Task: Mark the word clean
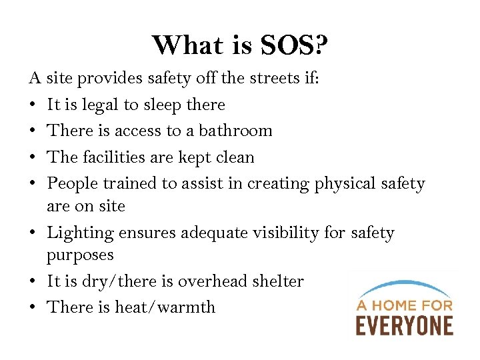[233, 157]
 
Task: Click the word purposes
[80, 255]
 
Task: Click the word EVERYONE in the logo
[404, 325]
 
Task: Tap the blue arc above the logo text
[403, 287]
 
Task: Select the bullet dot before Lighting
[33, 233]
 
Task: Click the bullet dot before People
[33, 184]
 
